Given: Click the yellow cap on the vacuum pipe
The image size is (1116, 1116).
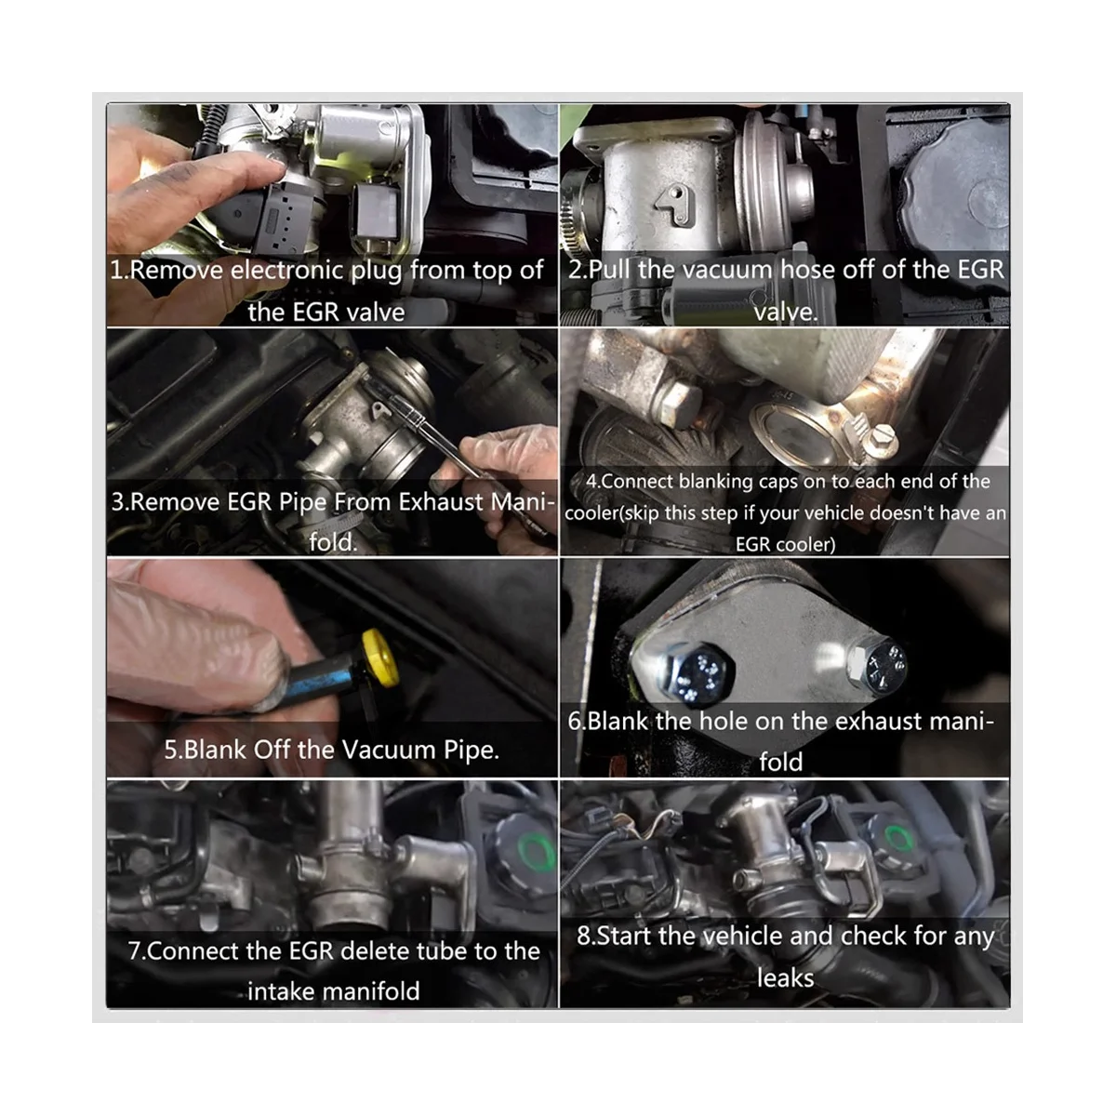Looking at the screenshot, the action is point(380,658).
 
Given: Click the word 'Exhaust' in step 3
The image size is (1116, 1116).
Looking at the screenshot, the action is point(441,501).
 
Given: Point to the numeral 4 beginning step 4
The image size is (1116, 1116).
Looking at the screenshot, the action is point(591,482).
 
